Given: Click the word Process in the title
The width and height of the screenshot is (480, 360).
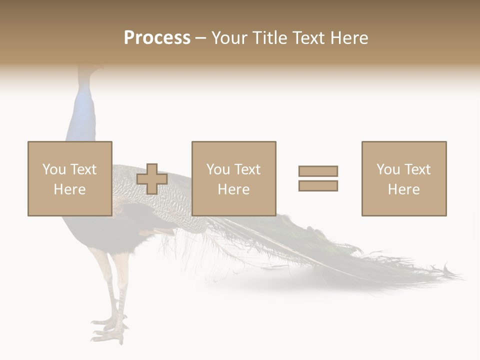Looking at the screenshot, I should (157, 38).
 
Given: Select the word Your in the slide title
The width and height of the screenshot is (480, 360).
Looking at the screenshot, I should (229, 38).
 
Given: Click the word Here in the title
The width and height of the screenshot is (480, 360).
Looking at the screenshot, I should (348, 38).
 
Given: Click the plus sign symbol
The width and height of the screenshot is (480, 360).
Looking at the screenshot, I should (152, 179).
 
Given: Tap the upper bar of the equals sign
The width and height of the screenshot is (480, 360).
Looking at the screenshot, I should (318, 171).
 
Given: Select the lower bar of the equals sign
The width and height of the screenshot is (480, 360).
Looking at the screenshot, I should (318, 186).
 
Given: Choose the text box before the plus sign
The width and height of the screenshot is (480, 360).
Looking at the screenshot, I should (69, 178).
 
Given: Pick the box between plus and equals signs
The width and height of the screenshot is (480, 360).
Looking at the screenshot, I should (233, 178).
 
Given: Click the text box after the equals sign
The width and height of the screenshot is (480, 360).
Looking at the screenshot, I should (403, 178).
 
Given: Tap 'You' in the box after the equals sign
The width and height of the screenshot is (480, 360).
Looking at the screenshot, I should (387, 169).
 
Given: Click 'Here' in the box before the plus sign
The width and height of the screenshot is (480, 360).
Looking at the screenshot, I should (69, 189).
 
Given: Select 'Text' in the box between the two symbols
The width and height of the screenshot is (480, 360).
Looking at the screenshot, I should (248, 169).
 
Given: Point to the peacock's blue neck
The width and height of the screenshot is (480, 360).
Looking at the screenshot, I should (83, 115).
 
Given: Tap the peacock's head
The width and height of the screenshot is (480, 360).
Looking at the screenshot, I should (89, 70).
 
